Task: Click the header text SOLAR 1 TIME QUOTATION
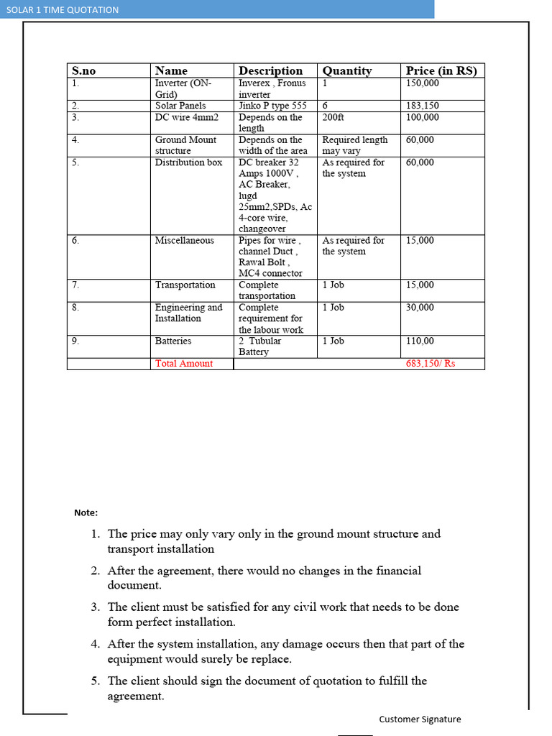tap(63, 9)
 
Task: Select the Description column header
tap(270, 70)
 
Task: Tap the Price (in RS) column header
tap(441, 70)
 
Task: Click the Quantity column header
tap(347, 70)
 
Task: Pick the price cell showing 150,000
tap(423, 83)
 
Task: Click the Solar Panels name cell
tap(180, 106)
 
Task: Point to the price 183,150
tap(423, 106)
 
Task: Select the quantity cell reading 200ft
tap(333, 117)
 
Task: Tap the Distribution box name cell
tap(188, 162)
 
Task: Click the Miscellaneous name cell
tap(184, 240)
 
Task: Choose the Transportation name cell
tap(185, 285)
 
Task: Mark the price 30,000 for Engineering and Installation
tap(420, 307)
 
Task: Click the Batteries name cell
tap(173, 341)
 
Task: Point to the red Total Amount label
tap(184, 364)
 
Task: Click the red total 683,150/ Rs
tap(431, 364)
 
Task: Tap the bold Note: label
tap(86, 512)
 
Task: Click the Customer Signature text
tap(420, 719)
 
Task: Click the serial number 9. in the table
tap(75, 341)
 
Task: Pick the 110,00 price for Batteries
tap(420, 341)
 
